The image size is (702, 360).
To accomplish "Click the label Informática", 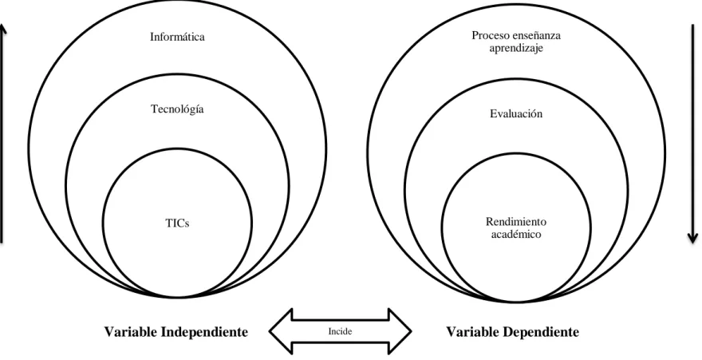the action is coord(177,37).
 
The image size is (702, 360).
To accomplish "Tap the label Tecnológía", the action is coord(177,109).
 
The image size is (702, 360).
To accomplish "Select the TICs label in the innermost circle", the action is coord(177,223).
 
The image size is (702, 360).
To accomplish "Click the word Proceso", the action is coord(489,35).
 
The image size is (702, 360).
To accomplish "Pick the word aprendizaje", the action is coord(516,49).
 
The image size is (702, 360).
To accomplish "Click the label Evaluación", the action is coord(516,113).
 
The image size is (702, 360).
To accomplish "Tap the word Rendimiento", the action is coord(516,222).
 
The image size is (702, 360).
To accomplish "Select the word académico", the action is coord(516,234).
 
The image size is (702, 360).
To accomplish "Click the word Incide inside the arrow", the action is coord(341,331).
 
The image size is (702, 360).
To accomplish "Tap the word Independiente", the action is coord(204,332).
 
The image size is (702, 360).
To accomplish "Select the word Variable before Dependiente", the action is coord(472,332).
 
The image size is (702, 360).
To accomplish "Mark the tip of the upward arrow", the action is coord(2,24).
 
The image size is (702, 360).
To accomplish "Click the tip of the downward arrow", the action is coord(693,243).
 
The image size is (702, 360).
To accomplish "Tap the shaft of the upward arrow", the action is coord(2,134).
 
